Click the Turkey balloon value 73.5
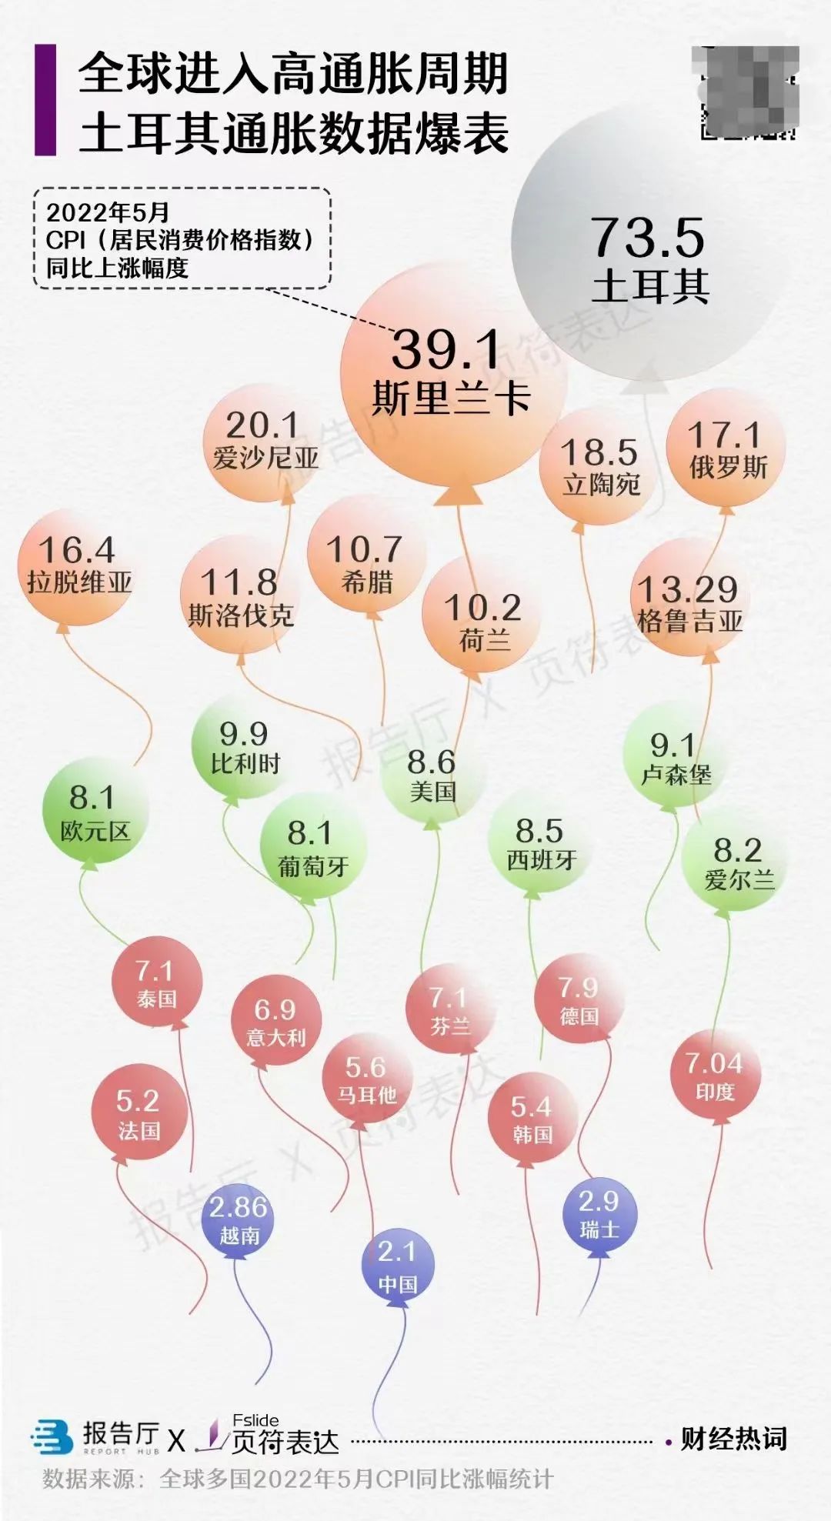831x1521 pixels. [x=648, y=238]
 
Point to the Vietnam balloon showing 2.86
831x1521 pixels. [x=239, y=1219]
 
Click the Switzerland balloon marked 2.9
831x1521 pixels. [x=599, y=1213]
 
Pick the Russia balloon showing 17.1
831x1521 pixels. [x=726, y=449]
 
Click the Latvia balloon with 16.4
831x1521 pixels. [x=78, y=564]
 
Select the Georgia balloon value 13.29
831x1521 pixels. [x=689, y=602]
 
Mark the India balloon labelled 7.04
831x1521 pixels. [x=715, y=1075]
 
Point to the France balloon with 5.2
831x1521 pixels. [x=138, y=1113]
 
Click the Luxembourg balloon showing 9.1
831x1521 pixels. [x=675, y=759]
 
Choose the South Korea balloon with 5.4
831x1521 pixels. [x=532, y=1118]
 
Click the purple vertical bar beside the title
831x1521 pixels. [x=45, y=100]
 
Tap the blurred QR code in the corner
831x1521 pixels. [x=747, y=92]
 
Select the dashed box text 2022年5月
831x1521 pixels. [x=108, y=212]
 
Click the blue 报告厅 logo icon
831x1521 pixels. [x=52, y=1438]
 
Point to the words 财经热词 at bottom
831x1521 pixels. [x=733, y=1438]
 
